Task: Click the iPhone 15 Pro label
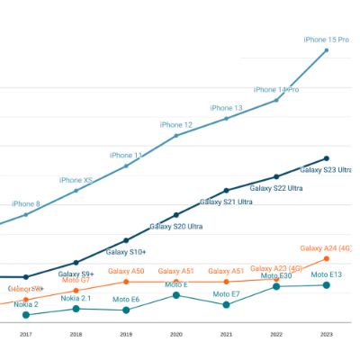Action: [x=326, y=40]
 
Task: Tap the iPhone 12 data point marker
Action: [x=176, y=135]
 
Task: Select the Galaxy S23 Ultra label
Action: [x=325, y=169]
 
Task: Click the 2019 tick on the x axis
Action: [x=126, y=335]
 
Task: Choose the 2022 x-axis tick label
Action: [x=276, y=335]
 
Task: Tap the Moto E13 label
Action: [x=327, y=274]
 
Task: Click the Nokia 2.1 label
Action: [x=76, y=298]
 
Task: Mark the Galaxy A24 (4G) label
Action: [x=326, y=248]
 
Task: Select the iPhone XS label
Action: [x=76, y=180]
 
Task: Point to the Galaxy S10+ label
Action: [x=126, y=252]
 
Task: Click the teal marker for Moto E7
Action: [x=227, y=305]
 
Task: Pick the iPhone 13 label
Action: [x=227, y=108]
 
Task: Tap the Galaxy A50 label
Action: [x=126, y=271]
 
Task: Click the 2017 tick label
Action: [x=25, y=335]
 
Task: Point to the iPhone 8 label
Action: [x=25, y=204]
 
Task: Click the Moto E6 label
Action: [x=126, y=299]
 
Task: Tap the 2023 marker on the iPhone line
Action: [x=327, y=50]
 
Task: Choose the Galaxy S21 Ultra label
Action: [x=226, y=202]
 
